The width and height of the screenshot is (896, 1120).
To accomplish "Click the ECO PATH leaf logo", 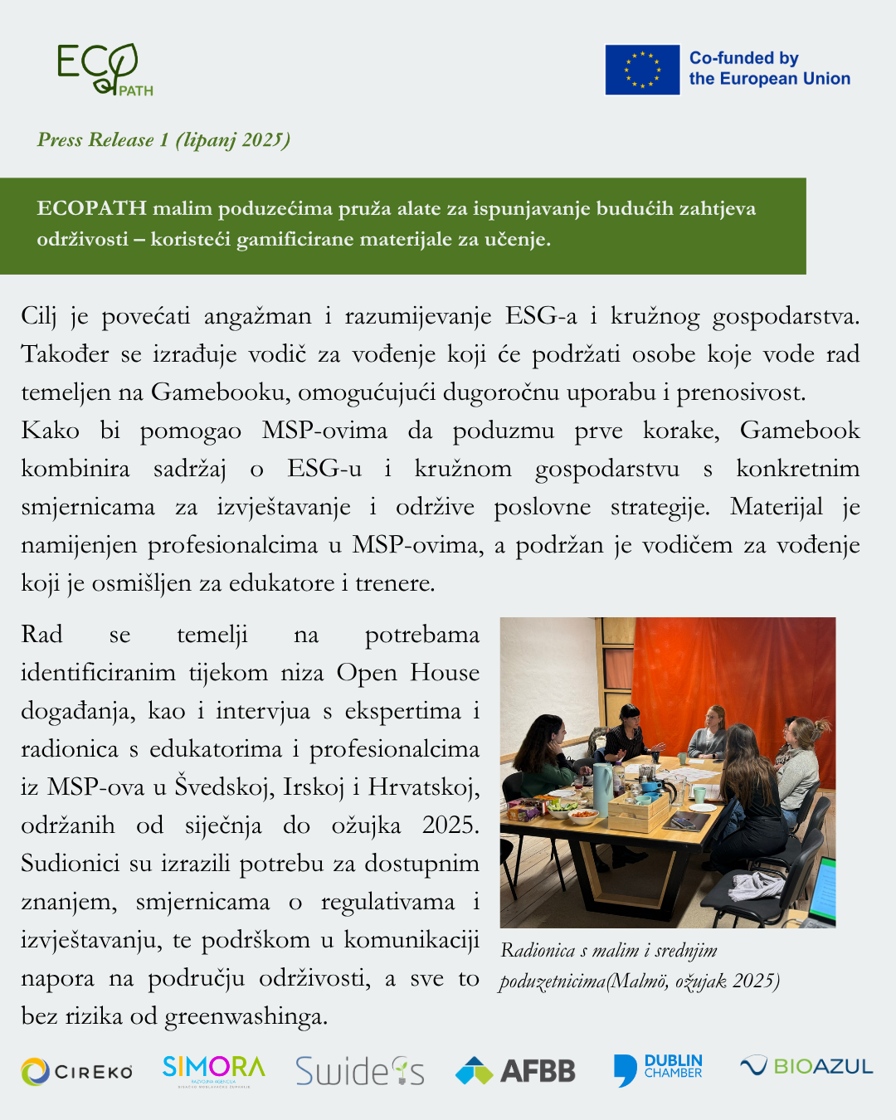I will coord(105,70).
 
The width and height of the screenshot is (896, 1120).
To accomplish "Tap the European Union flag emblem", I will coord(642,70).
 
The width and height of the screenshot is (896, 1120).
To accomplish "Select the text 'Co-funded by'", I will coord(743,58).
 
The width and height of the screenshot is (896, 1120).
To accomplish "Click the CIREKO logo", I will coord(77,1072).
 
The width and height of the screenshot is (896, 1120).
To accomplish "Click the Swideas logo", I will coord(360,1071).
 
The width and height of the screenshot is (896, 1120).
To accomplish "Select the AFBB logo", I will coord(515,1071).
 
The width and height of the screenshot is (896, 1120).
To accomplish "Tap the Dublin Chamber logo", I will coord(658,1069).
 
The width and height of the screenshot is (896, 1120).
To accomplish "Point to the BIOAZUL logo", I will coord(806,1066).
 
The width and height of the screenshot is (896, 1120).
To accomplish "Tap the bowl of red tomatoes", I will coord(583,816).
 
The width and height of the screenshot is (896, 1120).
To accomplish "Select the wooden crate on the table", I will coord(639,813).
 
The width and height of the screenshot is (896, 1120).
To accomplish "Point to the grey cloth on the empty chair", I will coord(756,886).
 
